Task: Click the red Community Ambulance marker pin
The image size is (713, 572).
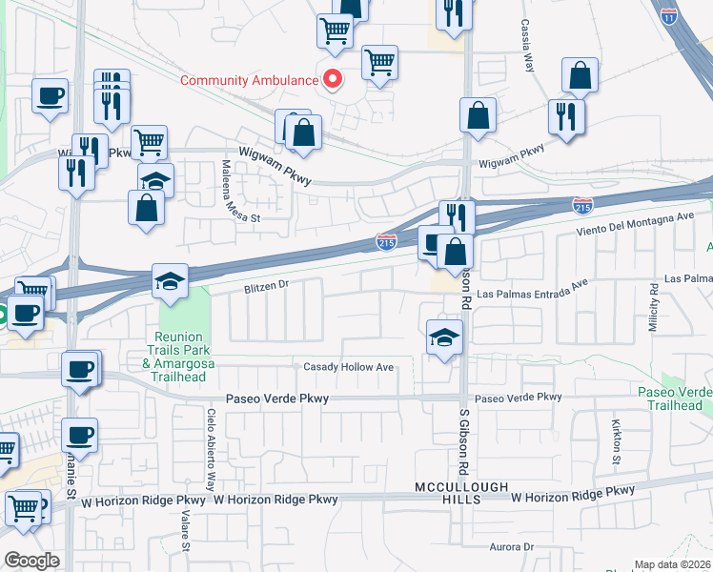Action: [332, 79]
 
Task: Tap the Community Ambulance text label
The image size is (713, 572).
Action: [250, 80]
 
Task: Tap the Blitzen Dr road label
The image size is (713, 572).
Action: [254, 284]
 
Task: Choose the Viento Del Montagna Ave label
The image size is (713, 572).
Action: [635, 225]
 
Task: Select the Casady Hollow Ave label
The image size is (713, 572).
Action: [348, 367]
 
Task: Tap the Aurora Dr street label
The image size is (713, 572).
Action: [510, 546]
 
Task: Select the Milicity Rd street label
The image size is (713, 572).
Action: [655, 309]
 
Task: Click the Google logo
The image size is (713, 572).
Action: [31, 561]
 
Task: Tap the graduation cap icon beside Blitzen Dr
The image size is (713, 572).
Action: [171, 281]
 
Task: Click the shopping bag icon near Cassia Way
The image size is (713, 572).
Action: [579, 74]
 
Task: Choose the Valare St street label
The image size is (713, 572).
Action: [188, 534]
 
